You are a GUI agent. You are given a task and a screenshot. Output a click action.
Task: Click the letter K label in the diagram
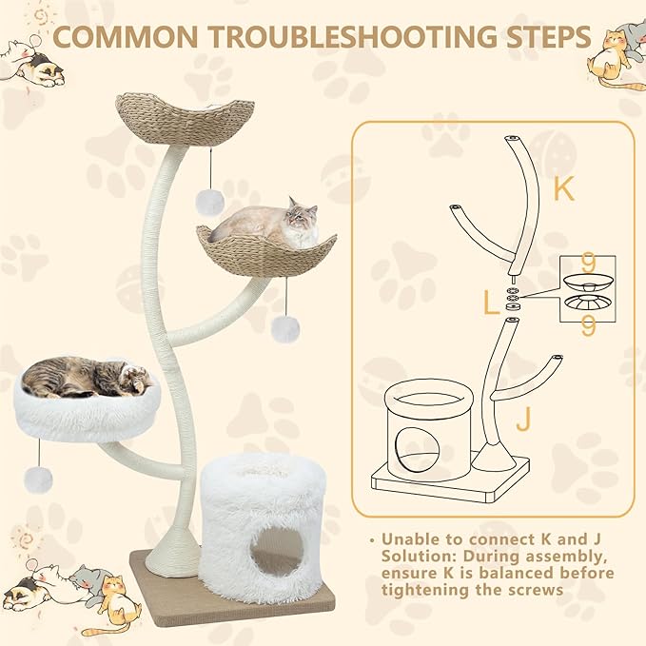[563, 188]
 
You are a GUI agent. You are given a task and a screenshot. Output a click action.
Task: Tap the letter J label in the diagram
[523, 419]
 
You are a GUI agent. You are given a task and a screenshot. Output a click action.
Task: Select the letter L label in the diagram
[490, 303]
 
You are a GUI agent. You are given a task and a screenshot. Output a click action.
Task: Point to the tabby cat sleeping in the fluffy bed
[86, 377]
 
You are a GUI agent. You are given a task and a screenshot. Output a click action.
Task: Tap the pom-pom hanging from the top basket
[209, 203]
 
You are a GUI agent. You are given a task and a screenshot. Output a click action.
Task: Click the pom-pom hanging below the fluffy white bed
[38, 480]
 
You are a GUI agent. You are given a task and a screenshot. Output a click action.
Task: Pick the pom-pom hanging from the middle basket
[285, 329]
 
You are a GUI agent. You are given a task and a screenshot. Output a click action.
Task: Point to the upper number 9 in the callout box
[588, 263]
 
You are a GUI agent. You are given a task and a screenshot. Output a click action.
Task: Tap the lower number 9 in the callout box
[588, 326]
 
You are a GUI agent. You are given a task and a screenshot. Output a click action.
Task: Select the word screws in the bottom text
[536, 590]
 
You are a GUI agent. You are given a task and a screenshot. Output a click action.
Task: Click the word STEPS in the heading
[549, 37]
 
